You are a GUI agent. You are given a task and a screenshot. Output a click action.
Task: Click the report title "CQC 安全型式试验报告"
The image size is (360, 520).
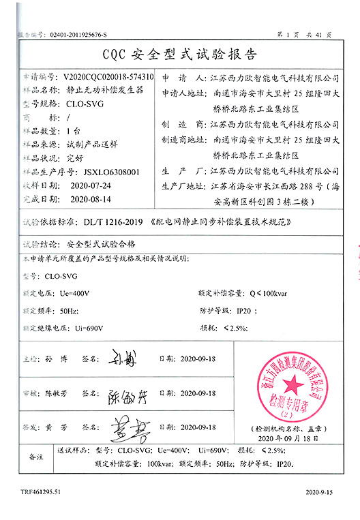179,53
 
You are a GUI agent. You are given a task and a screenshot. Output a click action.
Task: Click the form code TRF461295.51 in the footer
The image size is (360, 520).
40,491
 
